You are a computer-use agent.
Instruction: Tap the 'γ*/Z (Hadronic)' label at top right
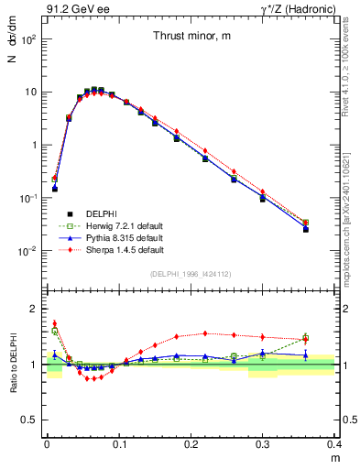coord(296,9)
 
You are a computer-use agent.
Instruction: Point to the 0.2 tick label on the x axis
coord(191,445)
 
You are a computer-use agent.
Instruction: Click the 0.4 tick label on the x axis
coord(335,445)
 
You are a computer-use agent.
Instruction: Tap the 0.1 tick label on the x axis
coord(119,445)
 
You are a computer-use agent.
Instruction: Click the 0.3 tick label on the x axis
coord(263,445)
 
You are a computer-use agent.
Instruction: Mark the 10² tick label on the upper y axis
coord(28,39)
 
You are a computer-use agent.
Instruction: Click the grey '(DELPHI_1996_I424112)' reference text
coord(191,273)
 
